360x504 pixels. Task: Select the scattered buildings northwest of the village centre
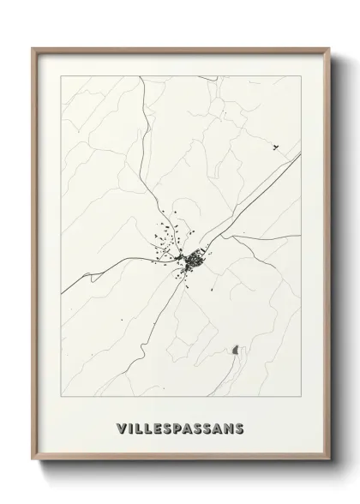[163, 233]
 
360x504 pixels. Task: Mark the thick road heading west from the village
[111, 273]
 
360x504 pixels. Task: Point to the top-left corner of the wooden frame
[34, 49]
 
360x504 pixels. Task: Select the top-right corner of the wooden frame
[327, 49]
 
